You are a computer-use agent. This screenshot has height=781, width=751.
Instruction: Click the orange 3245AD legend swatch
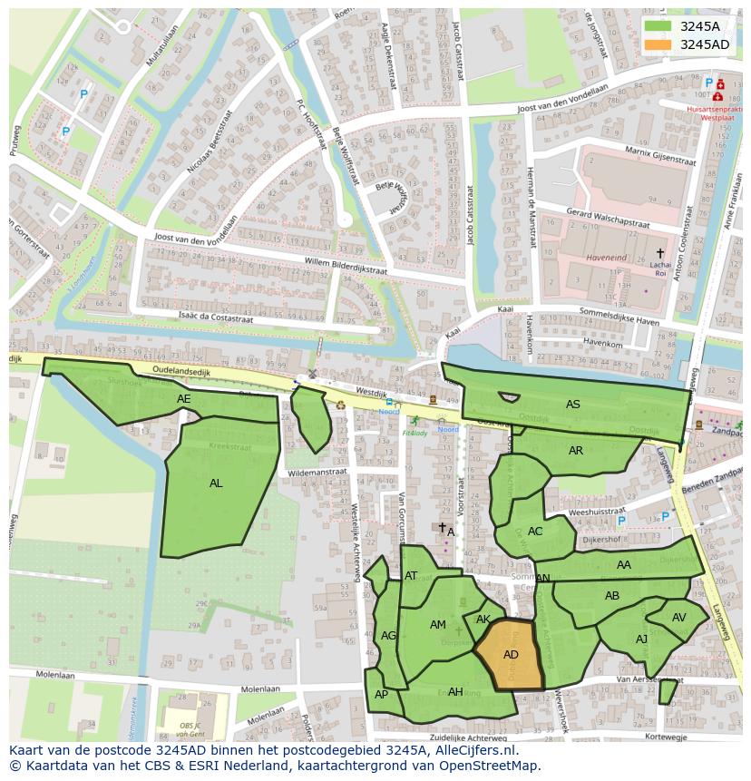pos(658,44)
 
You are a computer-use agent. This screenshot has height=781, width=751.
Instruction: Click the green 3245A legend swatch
pos(658,26)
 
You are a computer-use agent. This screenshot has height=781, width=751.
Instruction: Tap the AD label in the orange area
pos(511,655)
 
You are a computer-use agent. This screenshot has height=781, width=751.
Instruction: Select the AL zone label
pos(216,483)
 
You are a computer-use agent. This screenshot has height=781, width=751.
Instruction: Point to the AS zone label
pos(572,405)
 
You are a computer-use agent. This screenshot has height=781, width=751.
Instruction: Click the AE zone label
pos(184,399)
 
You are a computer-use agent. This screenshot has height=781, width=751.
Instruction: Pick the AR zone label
pos(576,451)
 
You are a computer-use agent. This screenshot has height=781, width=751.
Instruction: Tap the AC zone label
pos(535,532)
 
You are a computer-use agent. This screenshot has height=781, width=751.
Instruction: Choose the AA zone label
pos(623,565)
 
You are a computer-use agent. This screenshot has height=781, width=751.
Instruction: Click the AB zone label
pos(612,596)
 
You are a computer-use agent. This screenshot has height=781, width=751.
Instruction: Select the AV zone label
pos(678,618)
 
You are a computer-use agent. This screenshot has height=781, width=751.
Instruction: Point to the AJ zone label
pos(641,639)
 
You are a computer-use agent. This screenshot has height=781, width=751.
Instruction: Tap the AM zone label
pos(438,625)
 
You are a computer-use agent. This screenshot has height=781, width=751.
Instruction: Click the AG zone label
pos(388,636)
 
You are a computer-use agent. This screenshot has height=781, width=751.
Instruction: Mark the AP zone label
pos(381,695)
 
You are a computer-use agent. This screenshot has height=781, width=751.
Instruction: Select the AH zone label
pos(455,692)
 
